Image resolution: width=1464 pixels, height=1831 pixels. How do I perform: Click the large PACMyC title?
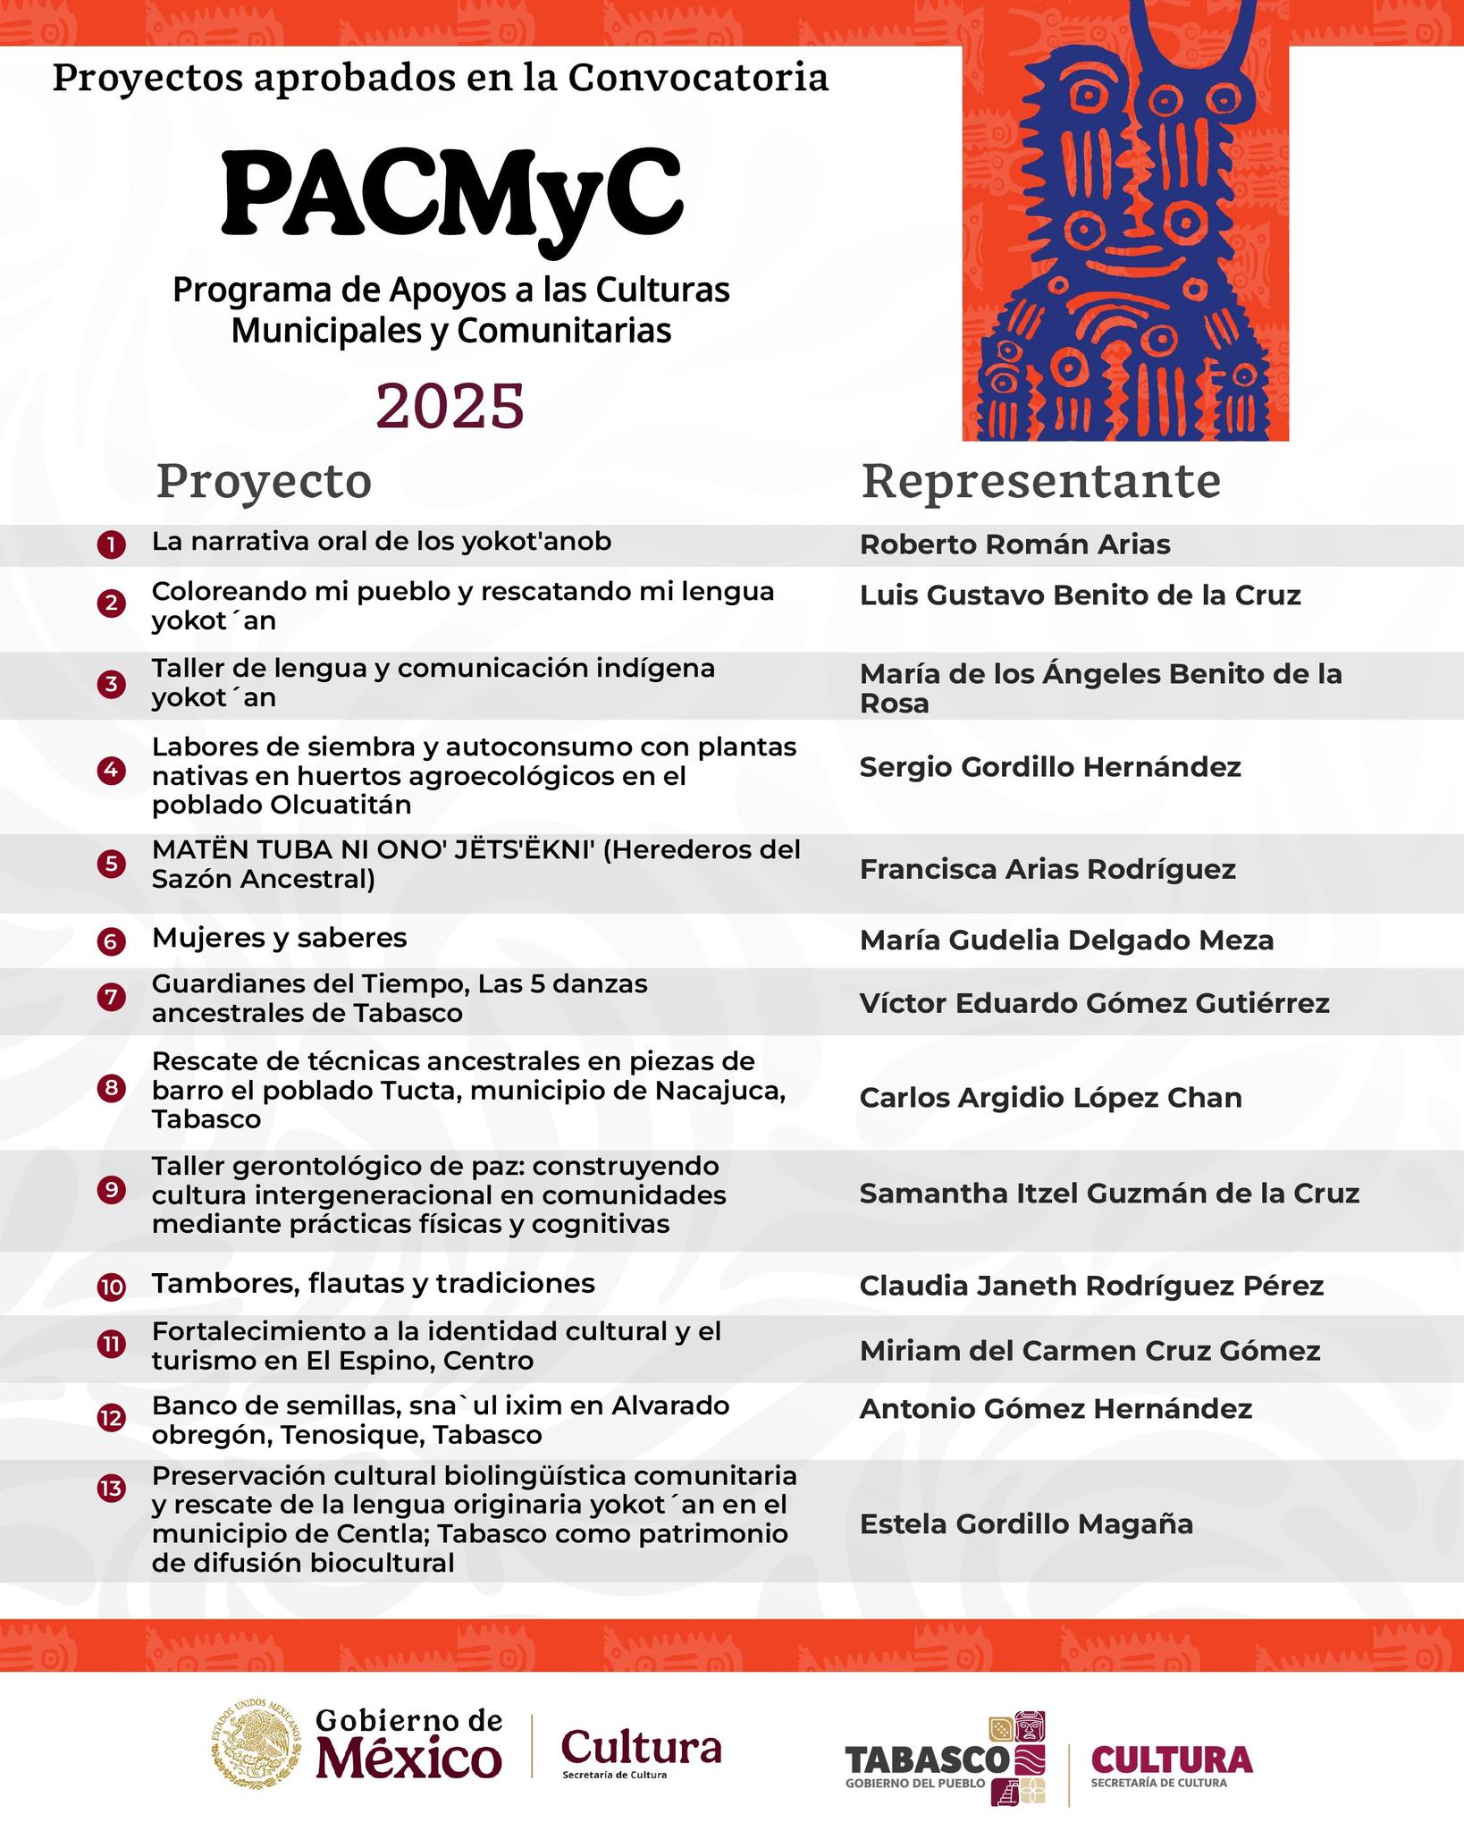[x=451, y=192]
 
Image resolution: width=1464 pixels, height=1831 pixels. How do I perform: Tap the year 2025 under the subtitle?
[x=450, y=405]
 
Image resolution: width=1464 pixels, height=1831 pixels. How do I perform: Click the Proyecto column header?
[x=264, y=481]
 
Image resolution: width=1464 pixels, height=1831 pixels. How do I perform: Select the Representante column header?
[x=1040, y=481]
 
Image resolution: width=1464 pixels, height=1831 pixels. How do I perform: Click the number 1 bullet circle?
[x=111, y=544]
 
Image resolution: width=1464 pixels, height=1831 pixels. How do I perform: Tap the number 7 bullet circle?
[x=111, y=998]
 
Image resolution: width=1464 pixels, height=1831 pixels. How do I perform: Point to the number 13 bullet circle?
[x=111, y=1488]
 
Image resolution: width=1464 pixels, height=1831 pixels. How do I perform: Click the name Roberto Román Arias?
[x=1014, y=544]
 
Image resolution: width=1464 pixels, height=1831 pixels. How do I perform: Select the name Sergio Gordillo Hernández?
[x=1050, y=767]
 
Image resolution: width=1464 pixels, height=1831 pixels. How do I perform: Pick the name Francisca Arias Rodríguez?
[x=1048, y=869]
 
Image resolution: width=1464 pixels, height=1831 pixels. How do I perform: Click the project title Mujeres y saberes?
[x=279, y=938]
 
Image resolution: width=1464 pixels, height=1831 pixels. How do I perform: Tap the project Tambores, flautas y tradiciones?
[x=373, y=1284]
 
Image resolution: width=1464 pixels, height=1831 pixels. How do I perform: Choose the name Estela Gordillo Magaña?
[x=1026, y=1524]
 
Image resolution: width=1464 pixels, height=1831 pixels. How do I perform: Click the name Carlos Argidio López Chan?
[x=1050, y=1098]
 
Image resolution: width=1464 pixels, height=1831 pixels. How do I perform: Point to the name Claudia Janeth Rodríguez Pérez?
[x=1091, y=1287]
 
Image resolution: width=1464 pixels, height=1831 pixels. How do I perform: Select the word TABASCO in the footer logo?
[x=926, y=1759]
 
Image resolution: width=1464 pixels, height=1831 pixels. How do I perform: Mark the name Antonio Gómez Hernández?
[x=1056, y=1409]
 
